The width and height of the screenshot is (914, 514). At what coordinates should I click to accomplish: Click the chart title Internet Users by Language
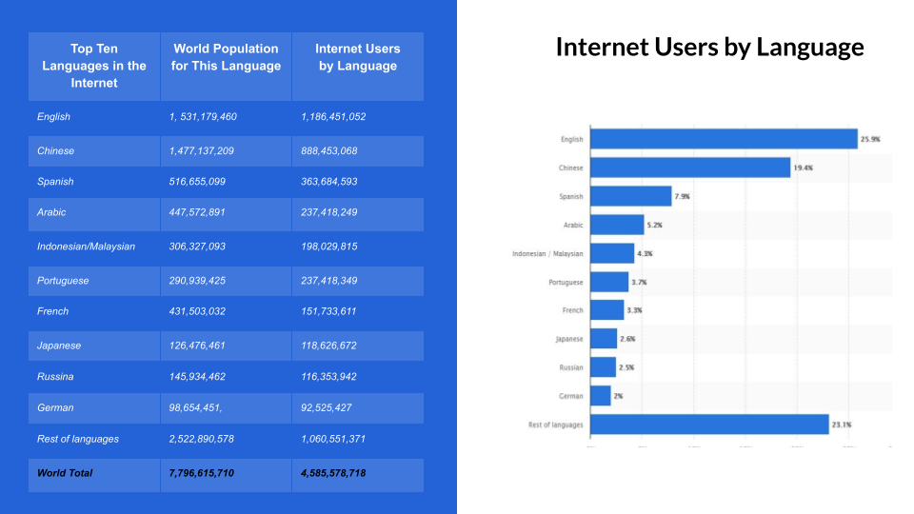pyautogui.click(x=709, y=48)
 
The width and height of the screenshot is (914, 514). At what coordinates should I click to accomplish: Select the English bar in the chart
pyautogui.click(x=724, y=139)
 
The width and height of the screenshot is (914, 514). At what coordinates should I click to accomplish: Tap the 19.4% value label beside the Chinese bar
pyautogui.click(x=803, y=168)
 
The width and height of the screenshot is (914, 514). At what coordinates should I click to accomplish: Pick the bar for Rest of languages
pyautogui.click(x=709, y=425)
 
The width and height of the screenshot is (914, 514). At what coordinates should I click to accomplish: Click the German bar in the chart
pyautogui.click(x=601, y=396)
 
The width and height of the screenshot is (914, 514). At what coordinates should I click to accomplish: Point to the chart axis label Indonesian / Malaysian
pyautogui.click(x=547, y=254)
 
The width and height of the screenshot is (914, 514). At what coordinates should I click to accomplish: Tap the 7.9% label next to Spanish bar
pyautogui.click(x=682, y=197)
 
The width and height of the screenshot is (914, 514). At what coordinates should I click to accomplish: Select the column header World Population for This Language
pyautogui.click(x=226, y=57)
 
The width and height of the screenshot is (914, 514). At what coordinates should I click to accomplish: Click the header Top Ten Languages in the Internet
pyautogui.click(x=94, y=66)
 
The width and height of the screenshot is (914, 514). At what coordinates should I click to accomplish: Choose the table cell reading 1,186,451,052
pyautogui.click(x=333, y=117)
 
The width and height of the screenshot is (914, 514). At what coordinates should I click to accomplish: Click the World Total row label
pyautogui.click(x=65, y=473)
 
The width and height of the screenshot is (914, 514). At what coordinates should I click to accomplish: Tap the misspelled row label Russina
pyautogui.click(x=55, y=377)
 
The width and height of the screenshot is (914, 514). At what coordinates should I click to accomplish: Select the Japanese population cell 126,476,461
pyautogui.click(x=201, y=346)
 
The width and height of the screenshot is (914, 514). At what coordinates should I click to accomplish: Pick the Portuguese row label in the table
pyautogui.click(x=63, y=281)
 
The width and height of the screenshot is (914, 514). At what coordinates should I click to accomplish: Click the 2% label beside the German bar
pyautogui.click(x=619, y=396)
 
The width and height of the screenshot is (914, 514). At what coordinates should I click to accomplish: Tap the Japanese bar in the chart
pyautogui.click(x=604, y=339)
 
